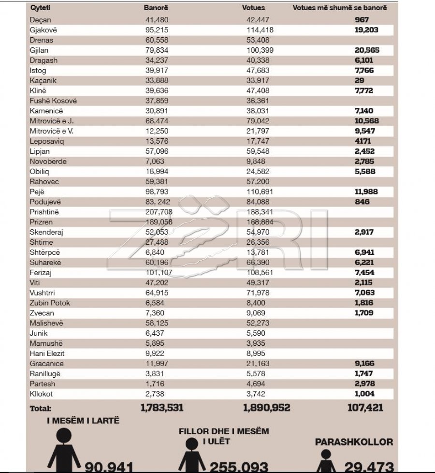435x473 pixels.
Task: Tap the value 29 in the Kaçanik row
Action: click(x=359, y=80)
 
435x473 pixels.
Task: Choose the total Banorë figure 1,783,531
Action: click(x=162, y=408)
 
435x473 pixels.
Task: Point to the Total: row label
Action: click(x=40, y=408)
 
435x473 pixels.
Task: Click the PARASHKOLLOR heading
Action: click(x=354, y=442)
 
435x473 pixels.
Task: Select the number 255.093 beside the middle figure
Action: click(x=239, y=467)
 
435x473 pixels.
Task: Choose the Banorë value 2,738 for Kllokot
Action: click(x=156, y=394)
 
